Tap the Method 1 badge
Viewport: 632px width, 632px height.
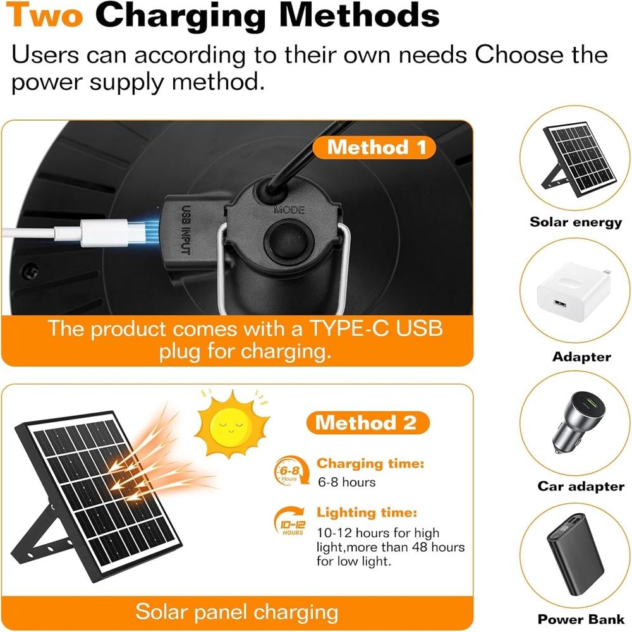374,147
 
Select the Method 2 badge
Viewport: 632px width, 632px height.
368,423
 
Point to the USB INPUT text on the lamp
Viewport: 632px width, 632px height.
185,230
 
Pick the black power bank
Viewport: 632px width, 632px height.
575,555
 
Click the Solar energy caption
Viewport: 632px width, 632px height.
576,222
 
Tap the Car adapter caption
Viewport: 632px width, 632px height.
581,486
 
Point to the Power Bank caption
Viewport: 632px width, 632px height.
581,619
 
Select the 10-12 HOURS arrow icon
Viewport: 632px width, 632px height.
290,521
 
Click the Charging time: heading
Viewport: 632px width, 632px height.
370,463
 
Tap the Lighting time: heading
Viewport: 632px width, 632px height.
367,513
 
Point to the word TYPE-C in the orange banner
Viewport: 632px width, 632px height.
349,329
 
